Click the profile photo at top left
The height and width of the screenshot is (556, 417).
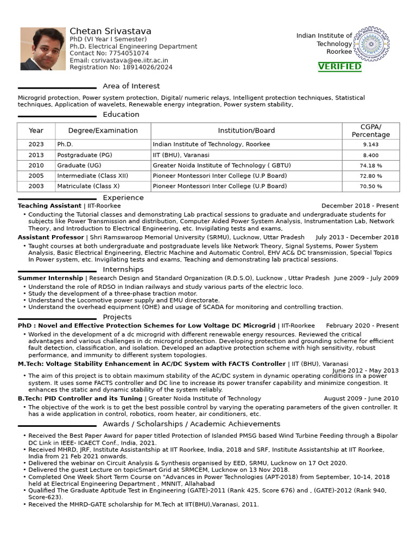tap(35, 49)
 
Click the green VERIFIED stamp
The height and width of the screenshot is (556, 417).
tap(339, 66)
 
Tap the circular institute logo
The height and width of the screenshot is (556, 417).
tap(371, 44)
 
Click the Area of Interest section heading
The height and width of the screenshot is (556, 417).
tap(131, 86)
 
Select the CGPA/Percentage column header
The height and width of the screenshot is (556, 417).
tap(370, 130)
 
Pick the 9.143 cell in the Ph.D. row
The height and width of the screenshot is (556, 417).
tap(370, 145)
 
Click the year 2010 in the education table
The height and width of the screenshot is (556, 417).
tap(36, 166)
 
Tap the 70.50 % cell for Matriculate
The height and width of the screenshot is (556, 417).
tap(370, 186)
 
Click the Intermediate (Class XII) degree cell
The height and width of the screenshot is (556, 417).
tap(93, 176)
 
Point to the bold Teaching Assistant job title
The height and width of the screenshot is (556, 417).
tap(49, 206)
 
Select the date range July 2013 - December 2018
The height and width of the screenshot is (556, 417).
tap(357, 237)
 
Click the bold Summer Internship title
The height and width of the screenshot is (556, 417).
tap(50, 278)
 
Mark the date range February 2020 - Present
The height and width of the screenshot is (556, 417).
tap(362, 326)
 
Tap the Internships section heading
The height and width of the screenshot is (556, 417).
tap(123, 269)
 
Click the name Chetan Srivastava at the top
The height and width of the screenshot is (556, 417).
tap(110, 31)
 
